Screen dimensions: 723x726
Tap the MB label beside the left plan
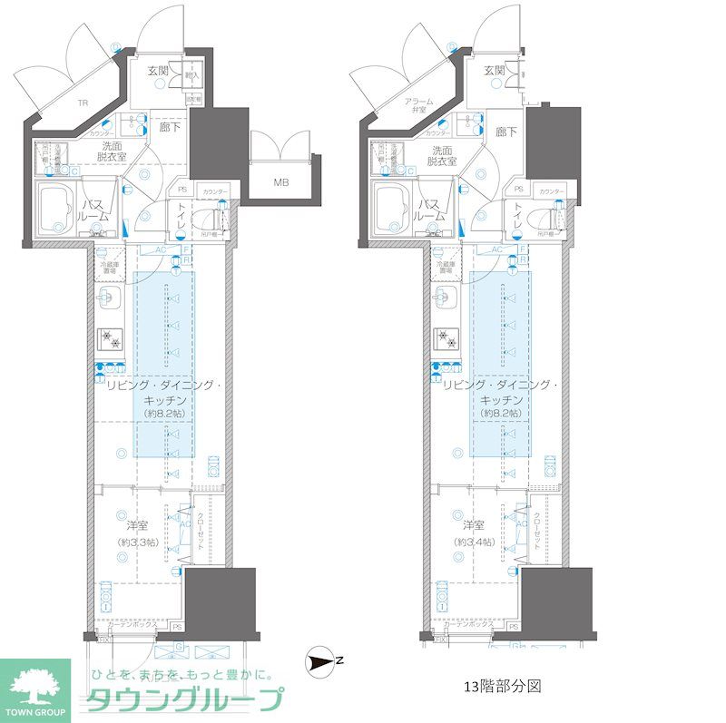click(282, 182)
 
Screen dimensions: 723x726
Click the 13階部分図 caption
click(502, 686)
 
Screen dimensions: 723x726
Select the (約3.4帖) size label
click(476, 542)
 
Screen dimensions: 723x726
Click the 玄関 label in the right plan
click(494, 71)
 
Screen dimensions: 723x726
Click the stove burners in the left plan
click(111, 338)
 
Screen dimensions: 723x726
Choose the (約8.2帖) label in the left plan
click(164, 413)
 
